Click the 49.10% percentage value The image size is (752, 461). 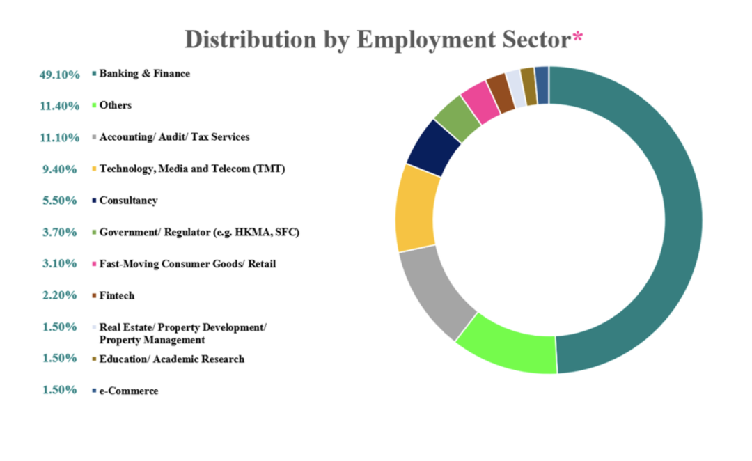pos(59,75)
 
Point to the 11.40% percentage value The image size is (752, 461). pos(59,106)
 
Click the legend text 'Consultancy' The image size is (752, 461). pos(128,201)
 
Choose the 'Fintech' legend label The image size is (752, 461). pos(117,295)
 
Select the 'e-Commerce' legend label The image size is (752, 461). pos(129,391)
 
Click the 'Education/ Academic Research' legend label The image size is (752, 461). pos(172,359)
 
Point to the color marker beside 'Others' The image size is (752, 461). pos(94,106)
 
